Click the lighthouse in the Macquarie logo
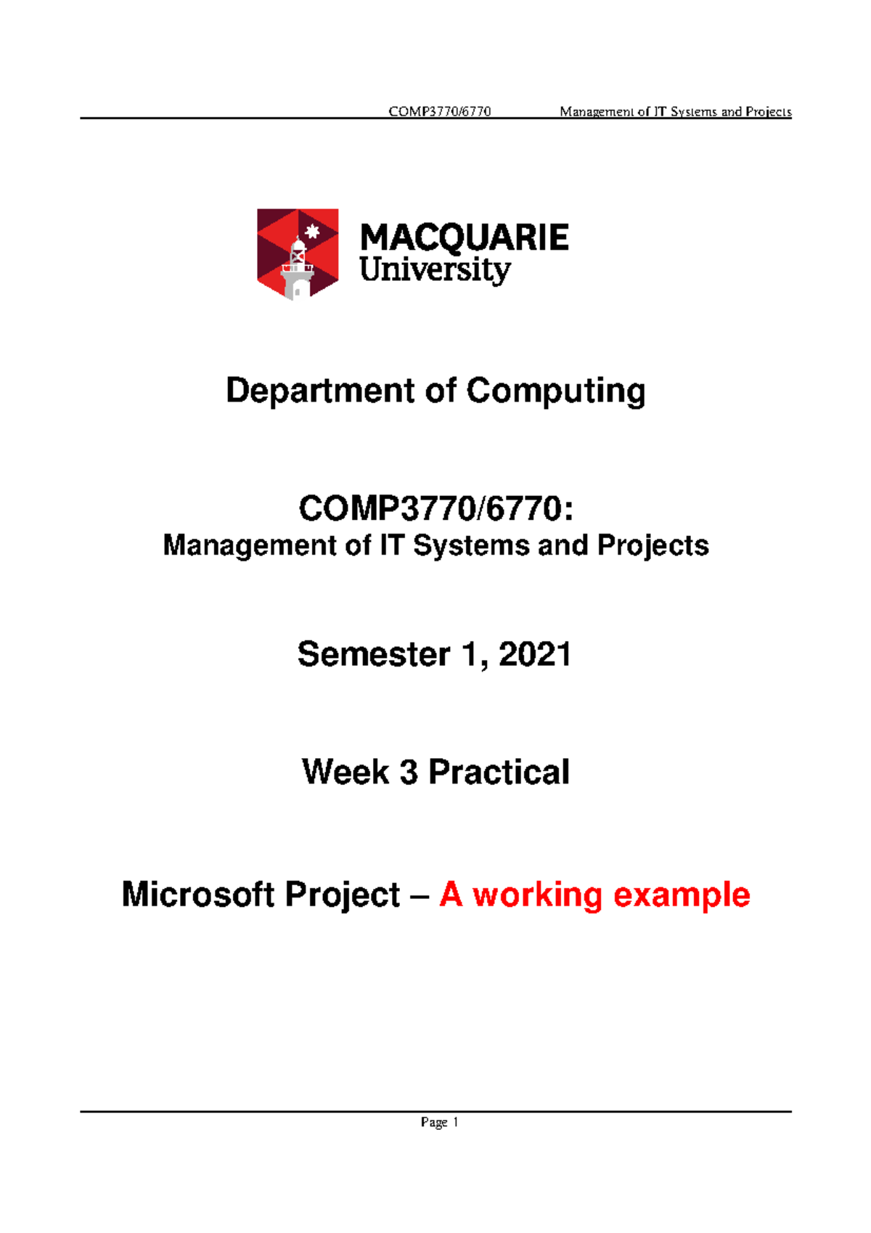(x=298, y=269)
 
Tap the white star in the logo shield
(x=313, y=232)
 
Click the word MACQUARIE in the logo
(x=465, y=238)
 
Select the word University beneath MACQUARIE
(x=435, y=270)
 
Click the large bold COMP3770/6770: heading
(x=435, y=508)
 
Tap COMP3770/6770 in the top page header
(x=440, y=112)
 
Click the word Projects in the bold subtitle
(x=653, y=546)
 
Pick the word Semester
(x=374, y=654)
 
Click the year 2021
(x=535, y=654)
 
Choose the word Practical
(x=499, y=772)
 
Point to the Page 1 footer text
(x=439, y=1123)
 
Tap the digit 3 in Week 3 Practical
(x=409, y=772)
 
